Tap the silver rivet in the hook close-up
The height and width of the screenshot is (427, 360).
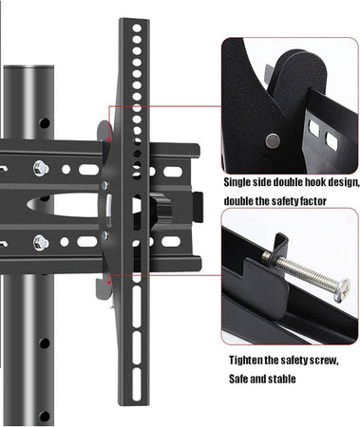click(273, 140)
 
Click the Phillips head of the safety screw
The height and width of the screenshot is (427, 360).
click(343, 289)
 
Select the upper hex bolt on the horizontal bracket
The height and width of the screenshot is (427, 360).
click(41, 168)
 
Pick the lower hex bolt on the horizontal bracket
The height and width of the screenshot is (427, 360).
click(41, 243)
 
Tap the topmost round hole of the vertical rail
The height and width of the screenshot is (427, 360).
click(137, 28)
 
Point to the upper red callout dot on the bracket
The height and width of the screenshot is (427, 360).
click(109, 139)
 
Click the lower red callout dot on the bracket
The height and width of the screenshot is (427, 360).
click(109, 282)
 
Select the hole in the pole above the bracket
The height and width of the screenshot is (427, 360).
click(45, 122)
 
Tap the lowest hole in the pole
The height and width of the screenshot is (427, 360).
click(45, 417)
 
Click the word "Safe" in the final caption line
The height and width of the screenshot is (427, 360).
click(238, 379)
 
